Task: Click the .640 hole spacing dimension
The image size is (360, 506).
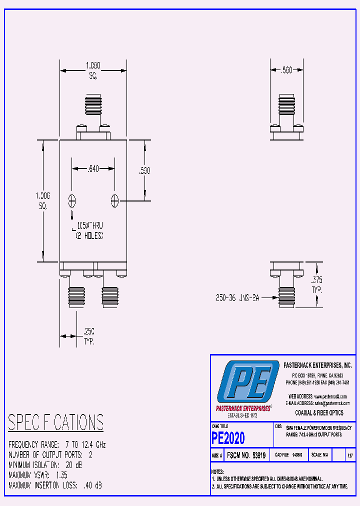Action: (x=93, y=169)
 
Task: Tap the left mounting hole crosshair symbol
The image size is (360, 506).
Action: (x=72, y=201)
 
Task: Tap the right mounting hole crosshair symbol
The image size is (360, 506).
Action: (x=115, y=201)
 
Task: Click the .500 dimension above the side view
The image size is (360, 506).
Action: (x=286, y=70)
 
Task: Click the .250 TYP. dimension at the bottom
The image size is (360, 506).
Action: (x=89, y=336)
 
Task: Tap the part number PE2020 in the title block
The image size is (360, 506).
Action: (x=228, y=438)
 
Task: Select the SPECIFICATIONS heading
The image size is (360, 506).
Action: (x=56, y=422)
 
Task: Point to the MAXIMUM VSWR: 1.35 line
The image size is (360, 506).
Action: (x=38, y=475)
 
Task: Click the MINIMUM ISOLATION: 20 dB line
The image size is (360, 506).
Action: (x=45, y=465)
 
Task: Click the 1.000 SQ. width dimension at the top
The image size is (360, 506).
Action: (x=93, y=70)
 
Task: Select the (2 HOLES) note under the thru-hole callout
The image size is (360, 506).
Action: (x=89, y=235)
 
